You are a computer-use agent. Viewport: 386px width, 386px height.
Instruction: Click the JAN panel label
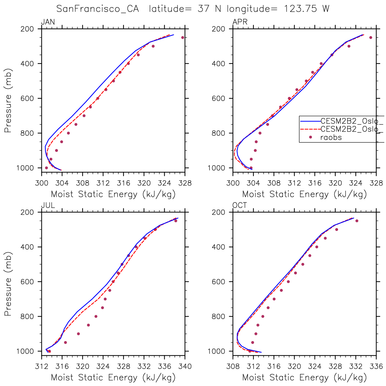tap(48, 22)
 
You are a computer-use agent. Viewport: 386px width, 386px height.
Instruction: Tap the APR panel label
tap(240, 22)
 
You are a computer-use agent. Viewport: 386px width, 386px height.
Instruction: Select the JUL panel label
tap(48, 206)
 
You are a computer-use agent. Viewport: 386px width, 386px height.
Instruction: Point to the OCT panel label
tap(240, 206)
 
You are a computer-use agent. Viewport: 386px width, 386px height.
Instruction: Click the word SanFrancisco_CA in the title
tap(98, 9)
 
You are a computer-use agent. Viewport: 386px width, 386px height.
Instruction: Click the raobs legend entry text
tap(331, 137)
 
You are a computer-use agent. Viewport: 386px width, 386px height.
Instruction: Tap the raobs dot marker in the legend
tap(310, 137)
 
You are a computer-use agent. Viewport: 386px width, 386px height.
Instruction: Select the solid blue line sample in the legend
tap(310, 121)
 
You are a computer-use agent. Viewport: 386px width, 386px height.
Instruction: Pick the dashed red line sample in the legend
tap(310, 129)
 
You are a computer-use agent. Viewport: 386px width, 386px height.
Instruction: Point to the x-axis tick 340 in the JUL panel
tap(185, 367)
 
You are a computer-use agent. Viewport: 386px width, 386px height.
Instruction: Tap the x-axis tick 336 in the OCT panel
tap(376, 367)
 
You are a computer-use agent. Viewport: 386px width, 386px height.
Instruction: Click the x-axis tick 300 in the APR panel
tap(233, 183)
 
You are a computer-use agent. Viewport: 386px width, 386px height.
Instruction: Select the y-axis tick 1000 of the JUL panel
tap(26, 351)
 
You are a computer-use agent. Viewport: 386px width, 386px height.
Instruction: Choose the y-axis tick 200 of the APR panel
tap(220, 29)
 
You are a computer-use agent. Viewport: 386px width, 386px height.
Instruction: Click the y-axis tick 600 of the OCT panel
tap(220, 282)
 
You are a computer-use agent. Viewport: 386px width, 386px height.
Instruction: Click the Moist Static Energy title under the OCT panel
tap(304, 377)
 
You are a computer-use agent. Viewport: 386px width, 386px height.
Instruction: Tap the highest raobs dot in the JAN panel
tap(183, 37)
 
